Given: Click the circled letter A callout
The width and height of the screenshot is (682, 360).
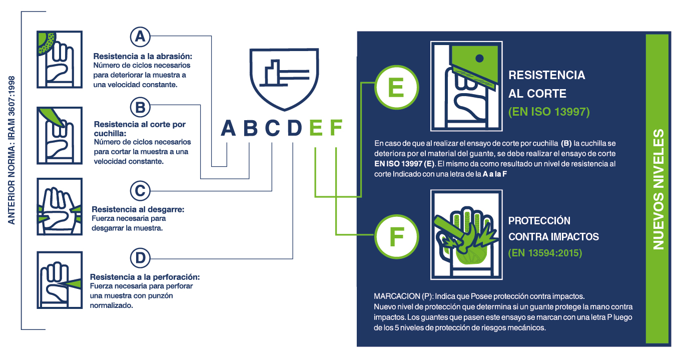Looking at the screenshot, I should click(140, 37).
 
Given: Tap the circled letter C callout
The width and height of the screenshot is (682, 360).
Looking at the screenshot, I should click(140, 191).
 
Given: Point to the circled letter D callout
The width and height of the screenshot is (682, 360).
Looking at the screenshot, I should click(140, 258).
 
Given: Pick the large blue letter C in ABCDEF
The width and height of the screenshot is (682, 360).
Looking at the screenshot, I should click(273, 129).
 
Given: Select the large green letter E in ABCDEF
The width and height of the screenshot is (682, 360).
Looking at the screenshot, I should click(316, 129).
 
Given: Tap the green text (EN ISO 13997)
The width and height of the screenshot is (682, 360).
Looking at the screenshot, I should click(549, 112).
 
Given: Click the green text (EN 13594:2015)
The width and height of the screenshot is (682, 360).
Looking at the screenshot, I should click(545, 253).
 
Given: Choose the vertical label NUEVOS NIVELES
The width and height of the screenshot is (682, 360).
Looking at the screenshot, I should click(658, 190).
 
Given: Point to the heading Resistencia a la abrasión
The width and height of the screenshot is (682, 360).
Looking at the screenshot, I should click(143, 56).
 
